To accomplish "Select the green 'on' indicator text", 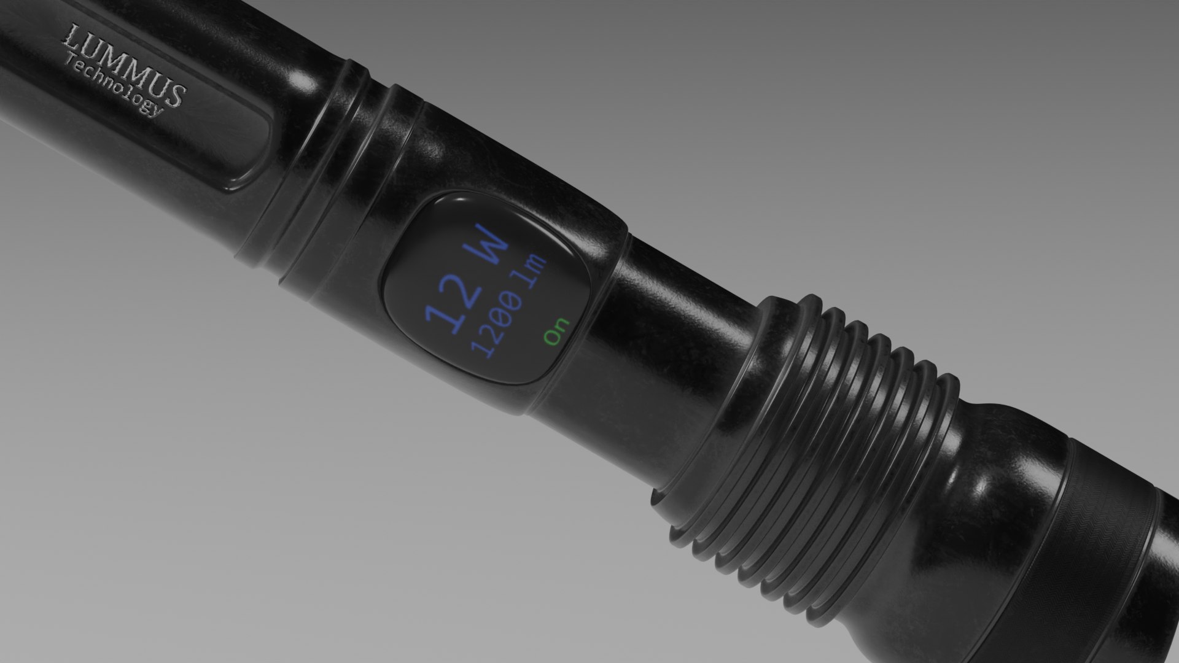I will pos(556,331).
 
